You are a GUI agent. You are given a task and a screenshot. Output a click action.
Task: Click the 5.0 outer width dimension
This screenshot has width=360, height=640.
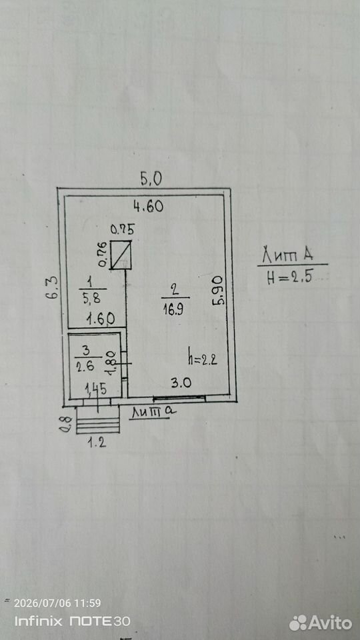click(x=151, y=179)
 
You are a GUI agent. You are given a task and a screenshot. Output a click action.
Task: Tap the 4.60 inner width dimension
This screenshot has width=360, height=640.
click(x=149, y=206)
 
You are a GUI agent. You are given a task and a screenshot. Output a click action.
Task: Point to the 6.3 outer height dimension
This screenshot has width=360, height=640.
click(x=53, y=289)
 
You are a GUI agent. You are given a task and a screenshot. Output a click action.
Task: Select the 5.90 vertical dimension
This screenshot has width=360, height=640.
click(x=219, y=290)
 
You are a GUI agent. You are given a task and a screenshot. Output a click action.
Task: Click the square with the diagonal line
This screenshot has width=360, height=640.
click(x=121, y=255)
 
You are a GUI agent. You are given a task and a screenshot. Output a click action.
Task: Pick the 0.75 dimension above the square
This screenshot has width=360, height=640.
click(x=123, y=230)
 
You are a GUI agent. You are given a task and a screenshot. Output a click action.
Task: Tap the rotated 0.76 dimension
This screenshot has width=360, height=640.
click(x=103, y=254)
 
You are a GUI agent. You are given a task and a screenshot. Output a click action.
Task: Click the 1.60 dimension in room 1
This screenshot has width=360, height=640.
click(x=101, y=319)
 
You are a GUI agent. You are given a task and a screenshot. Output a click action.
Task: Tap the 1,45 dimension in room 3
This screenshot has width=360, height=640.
click(x=95, y=389)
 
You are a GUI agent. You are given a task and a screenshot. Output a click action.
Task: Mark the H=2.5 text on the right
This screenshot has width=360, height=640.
click(x=290, y=278)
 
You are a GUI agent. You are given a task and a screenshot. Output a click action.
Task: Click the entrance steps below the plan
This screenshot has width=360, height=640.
click(x=98, y=420)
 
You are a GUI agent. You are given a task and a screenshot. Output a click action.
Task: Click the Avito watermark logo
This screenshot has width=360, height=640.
click(x=321, y=623)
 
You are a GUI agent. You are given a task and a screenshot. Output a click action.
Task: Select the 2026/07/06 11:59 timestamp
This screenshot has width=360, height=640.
click(x=57, y=603)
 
